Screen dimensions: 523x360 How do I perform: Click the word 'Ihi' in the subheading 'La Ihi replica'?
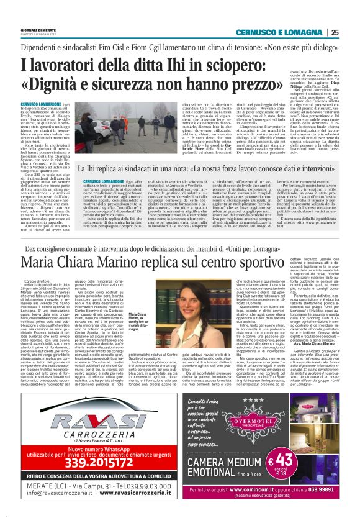(x=91, y=168)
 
